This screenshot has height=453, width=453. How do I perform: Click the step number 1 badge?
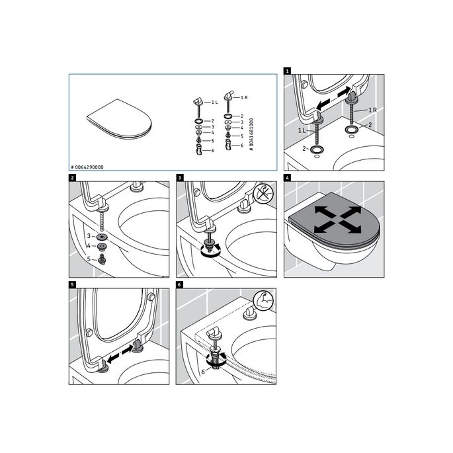click(287, 69)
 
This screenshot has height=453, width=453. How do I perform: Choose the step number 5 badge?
click(72, 286)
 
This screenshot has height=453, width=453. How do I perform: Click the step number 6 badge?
click(179, 286)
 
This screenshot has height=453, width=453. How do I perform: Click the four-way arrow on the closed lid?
click(337, 220)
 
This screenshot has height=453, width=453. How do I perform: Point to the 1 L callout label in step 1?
click(302, 131)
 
